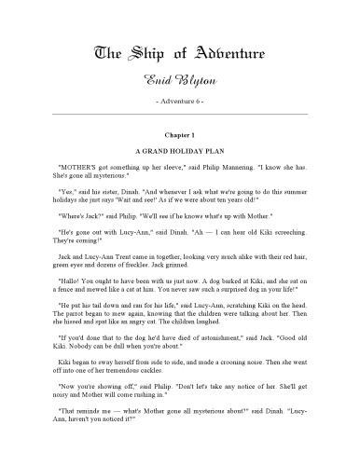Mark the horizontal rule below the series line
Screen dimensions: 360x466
click(180, 112)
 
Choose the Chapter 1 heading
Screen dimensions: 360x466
click(180, 135)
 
